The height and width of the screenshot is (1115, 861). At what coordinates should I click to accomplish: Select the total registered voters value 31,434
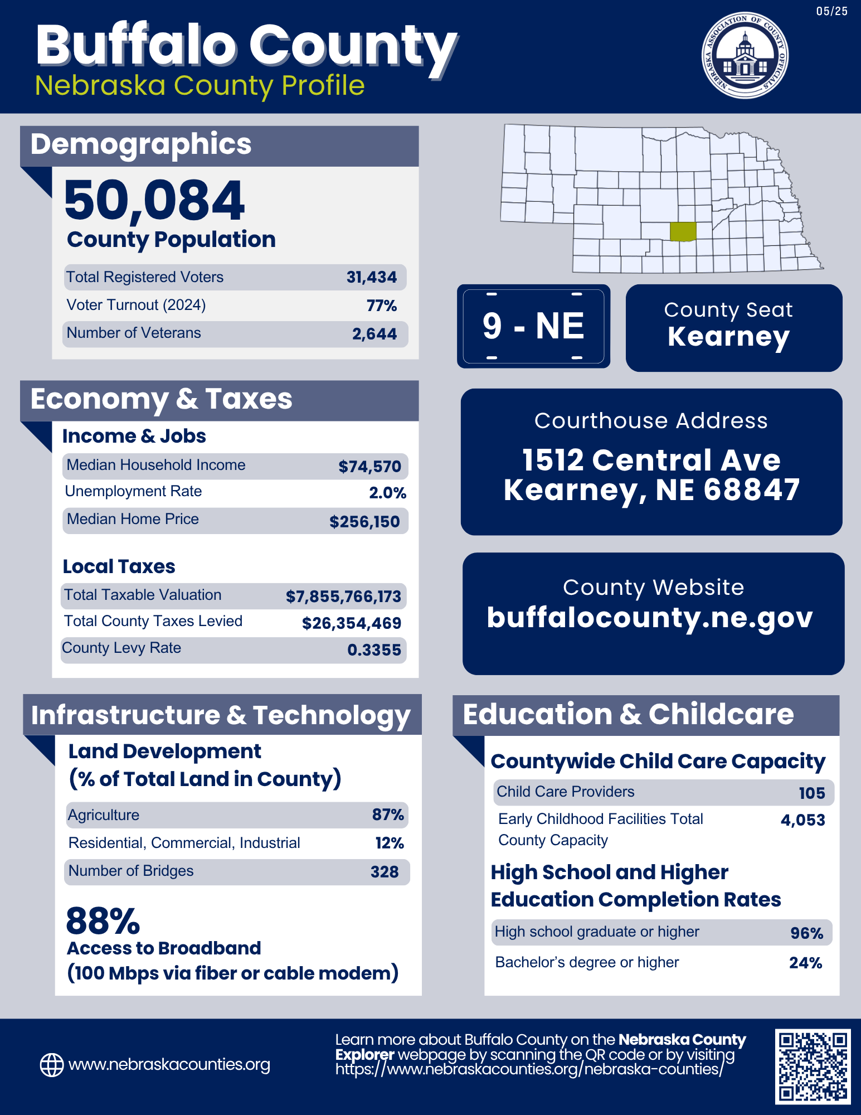(372, 277)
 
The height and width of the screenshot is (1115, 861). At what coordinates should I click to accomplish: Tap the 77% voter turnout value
(382, 306)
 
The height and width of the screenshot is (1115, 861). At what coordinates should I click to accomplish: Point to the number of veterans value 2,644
(374, 334)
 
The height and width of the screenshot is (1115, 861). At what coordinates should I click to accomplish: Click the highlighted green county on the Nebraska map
(683, 231)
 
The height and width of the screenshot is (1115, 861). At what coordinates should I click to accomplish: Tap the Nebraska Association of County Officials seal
(745, 55)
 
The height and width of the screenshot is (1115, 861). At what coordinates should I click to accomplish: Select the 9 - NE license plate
(533, 326)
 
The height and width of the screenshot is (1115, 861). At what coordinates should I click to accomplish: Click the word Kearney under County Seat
(728, 337)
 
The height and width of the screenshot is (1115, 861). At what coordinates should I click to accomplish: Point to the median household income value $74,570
(369, 467)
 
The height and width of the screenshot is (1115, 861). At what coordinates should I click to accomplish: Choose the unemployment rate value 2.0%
(387, 493)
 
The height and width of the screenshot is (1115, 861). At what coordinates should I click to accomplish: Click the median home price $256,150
(364, 522)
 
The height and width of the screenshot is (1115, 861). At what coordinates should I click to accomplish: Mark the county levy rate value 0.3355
(374, 650)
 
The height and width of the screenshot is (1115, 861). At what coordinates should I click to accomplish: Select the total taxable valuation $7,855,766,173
(343, 597)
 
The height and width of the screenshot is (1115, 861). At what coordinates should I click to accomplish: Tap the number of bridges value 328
(385, 872)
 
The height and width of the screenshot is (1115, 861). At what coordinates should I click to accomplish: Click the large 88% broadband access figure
(103, 921)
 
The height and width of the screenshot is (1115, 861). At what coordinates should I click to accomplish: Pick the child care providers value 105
(811, 793)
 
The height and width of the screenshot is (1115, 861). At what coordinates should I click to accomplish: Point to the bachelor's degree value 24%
(805, 963)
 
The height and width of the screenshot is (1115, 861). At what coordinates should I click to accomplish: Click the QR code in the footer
(813, 1066)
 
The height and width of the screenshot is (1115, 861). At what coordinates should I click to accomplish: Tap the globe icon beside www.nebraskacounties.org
(52, 1065)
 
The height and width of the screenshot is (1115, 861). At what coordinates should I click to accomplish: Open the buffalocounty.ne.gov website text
(650, 618)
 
